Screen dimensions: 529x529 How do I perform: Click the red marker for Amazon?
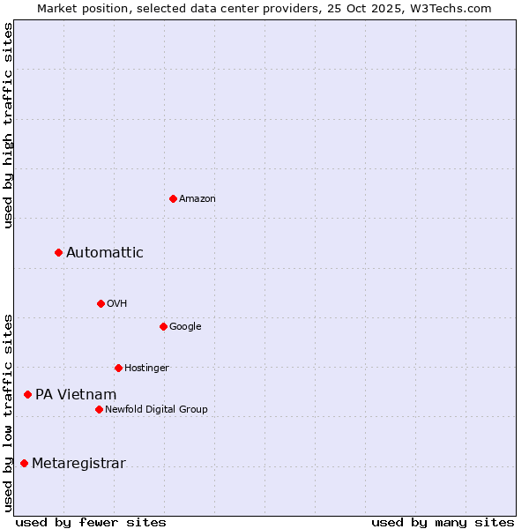tap(173, 198)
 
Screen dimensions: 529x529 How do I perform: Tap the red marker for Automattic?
tap(58, 253)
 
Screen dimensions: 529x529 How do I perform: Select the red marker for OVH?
tap(101, 303)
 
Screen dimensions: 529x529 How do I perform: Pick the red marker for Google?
tap(163, 326)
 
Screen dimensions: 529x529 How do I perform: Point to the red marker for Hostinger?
tap(118, 368)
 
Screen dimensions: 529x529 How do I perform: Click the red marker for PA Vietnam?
tap(27, 395)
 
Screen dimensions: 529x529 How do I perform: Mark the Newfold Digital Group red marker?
tap(99, 409)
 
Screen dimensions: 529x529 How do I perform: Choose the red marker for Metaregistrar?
tap(24, 464)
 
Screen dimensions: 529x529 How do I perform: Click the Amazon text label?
tap(197, 198)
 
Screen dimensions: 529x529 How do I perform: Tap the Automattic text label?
tap(105, 253)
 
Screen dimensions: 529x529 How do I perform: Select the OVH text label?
tap(117, 303)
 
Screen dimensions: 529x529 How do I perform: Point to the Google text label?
tap(185, 326)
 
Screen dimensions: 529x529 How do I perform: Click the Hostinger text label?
tap(146, 368)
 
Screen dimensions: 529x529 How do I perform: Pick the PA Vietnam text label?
tap(76, 395)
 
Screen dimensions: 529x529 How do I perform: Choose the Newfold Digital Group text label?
tap(156, 409)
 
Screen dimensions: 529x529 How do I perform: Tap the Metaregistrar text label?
tap(78, 464)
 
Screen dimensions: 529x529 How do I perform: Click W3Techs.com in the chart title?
tap(456, 8)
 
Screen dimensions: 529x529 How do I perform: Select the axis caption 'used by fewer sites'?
tap(91, 522)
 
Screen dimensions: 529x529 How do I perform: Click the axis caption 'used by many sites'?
tap(443, 522)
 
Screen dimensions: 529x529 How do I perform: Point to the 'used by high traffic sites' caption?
tap(8, 125)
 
